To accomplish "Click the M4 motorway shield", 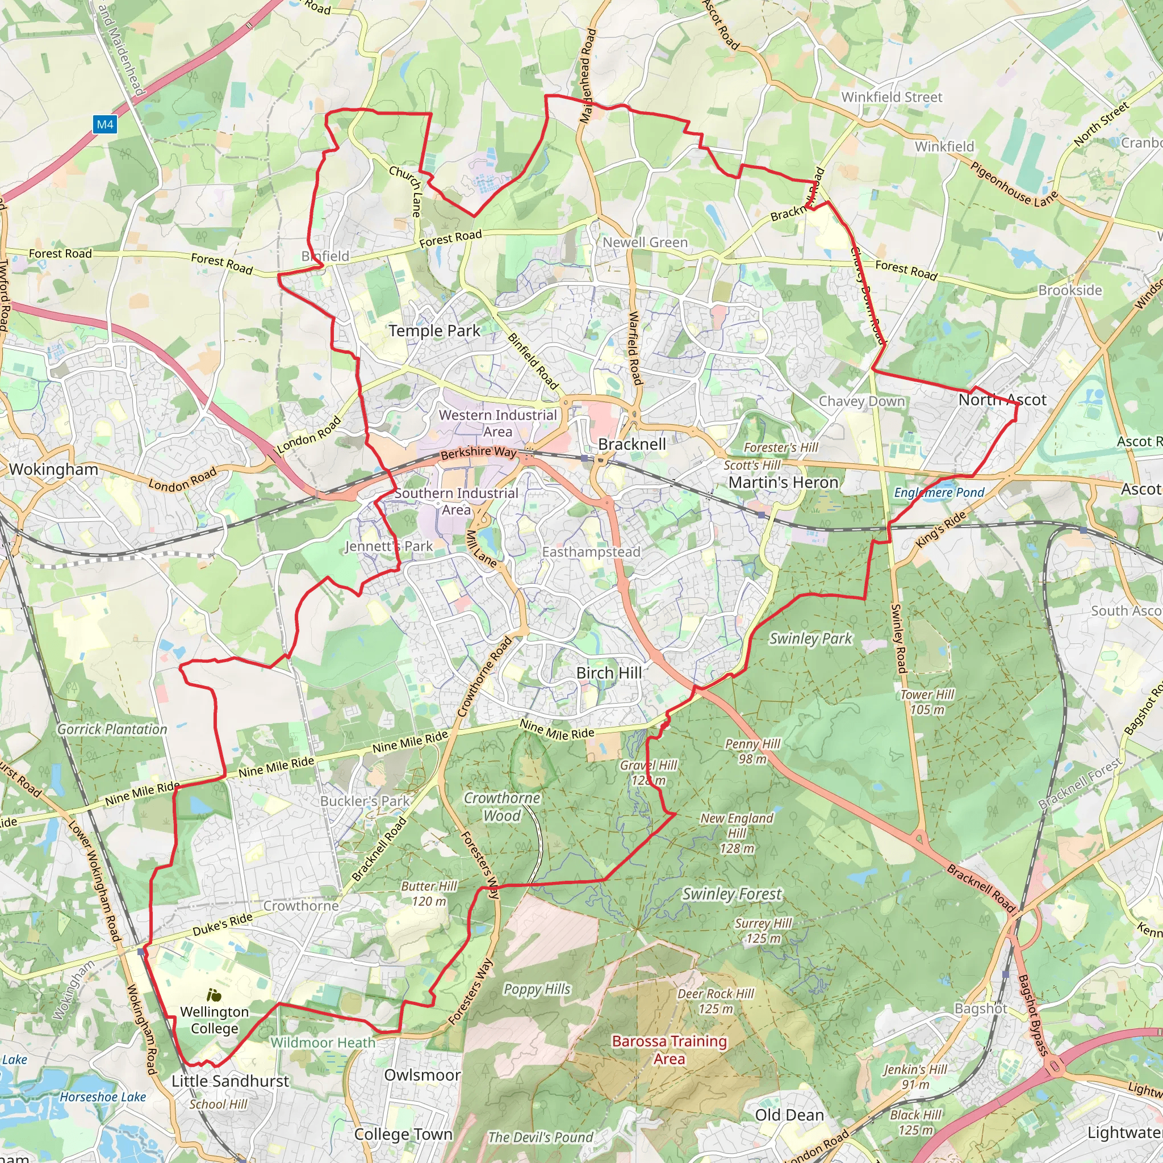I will tap(106, 124).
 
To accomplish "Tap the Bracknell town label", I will tap(632, 444).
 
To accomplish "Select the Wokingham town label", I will tap(53, 469).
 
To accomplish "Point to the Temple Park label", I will tap(434, 331).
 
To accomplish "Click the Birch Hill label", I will tap(609, 672).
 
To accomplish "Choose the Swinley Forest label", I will tap(731, 894).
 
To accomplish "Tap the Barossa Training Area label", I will tap(670, 1050).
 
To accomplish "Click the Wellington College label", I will tap(214, 1020).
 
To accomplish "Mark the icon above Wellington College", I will tap(213, 995).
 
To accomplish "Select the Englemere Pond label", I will tap(939, 492).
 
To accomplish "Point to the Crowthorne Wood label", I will tap(501, 806).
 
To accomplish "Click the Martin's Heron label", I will tap(783, 482).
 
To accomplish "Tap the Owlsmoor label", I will tap(422, 1075).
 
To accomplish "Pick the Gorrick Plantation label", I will tap(112, 729).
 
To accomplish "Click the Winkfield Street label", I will tap(892, 97).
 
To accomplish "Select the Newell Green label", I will tap(645, 242).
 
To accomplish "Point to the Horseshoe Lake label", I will tap(102, 1097).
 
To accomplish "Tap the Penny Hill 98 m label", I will tap(752, 751).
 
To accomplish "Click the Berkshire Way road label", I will tap(479, 452).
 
